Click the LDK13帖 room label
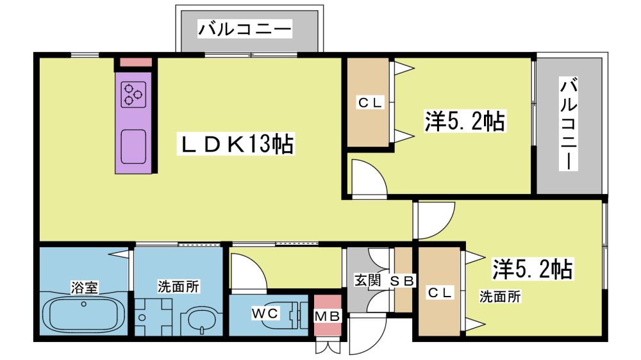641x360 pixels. pos(236,144)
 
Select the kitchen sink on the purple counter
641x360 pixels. pos(134,147)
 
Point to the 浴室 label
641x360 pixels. pos(84,287)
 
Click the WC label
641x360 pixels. pos(265,313)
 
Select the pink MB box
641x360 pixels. pos(328,315)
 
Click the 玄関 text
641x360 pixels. pos(367,281)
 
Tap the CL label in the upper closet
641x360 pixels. pos(370,102)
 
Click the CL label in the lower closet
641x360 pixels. pos(440,292)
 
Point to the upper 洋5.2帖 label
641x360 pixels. pos(465,121)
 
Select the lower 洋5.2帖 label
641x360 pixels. pos(532,269)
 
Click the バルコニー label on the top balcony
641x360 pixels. pos(245,29)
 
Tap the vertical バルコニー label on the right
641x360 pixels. pos(568,124)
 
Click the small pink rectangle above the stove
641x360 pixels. pos(136,62)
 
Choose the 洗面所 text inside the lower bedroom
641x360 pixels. pos(500,297)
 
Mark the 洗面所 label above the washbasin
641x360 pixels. pos(179,287)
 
